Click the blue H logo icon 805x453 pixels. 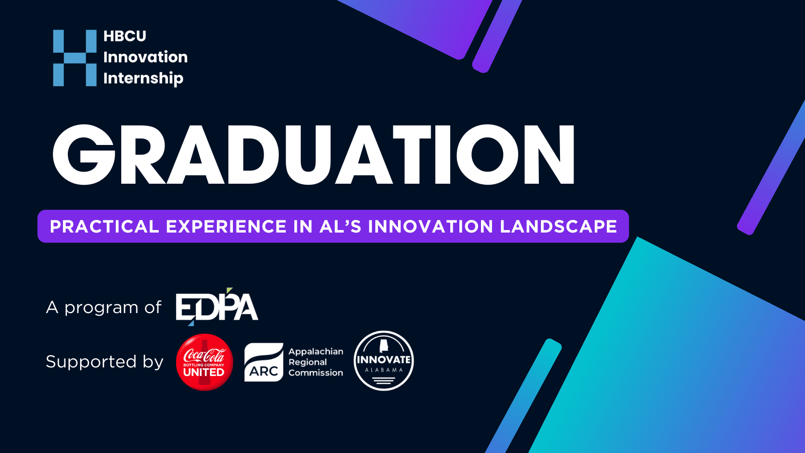(x=75, y=58)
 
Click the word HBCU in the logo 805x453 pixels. (x=125, y=36)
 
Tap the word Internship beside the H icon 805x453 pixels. (x=143, y=79)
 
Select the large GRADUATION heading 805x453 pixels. (x=314, y=155)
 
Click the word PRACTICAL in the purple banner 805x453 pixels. (x=104, y=226)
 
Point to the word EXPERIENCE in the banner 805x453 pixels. (x=226, y=226)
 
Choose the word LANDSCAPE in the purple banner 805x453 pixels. (x=558, y=226)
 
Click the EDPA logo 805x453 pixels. (x=217, y=307)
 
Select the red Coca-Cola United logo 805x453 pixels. (x=204, y=362)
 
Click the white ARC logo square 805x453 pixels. (x=264, y=362)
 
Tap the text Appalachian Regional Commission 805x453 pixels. (x=315, y=362)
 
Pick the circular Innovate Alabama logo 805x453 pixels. (x=384, y=360)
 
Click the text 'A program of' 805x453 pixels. (x=104, y=308)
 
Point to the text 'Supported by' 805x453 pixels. (x=105, y=362)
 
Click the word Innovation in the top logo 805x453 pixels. (x=145, y=57)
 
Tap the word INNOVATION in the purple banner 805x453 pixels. (x=431, y=226)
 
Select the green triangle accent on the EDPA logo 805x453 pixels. (x=229, y=290)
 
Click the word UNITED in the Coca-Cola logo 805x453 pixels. (x=204, y=372)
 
